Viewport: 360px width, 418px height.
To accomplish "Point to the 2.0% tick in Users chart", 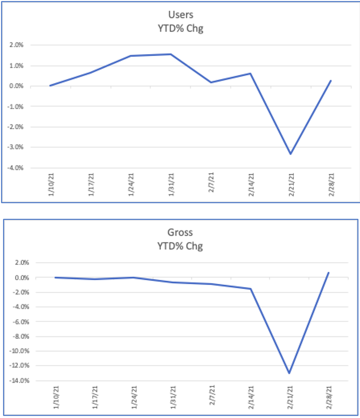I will [17, 45].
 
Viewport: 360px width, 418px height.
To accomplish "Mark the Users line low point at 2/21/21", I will [290, 154].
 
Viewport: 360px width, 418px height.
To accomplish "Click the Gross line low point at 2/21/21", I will [289, 373].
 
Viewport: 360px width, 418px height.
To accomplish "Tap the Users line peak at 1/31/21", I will [171, 54].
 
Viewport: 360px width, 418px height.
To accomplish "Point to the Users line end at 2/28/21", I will [331, 81].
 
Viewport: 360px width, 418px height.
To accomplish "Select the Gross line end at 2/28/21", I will [329, 272].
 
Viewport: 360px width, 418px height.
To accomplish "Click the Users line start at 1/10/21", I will [51, 86].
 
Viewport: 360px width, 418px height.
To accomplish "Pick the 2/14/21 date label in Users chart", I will [251, 185].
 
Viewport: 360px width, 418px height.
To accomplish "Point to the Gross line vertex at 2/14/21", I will [250, 289].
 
